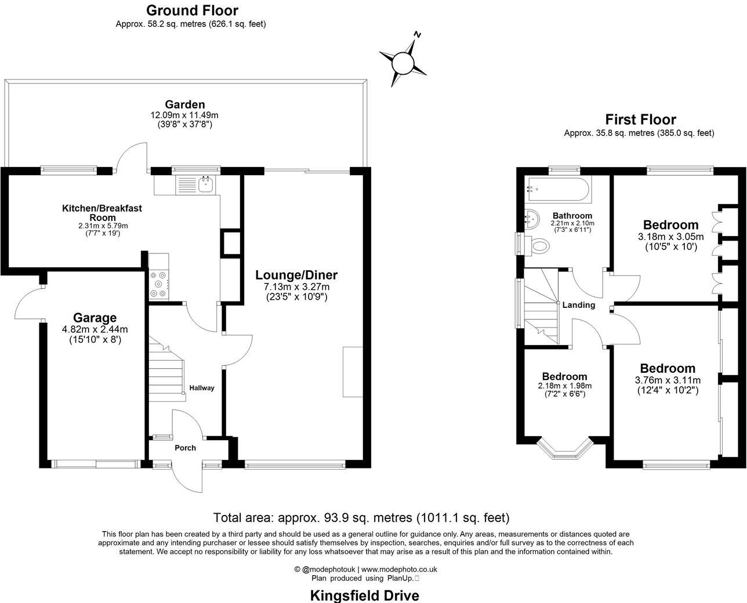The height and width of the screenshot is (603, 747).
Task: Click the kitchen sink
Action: (x=205, y=185)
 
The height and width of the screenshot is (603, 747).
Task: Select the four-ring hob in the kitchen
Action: (x=158, y=285)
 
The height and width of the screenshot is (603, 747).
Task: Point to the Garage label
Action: (x=95, y=318)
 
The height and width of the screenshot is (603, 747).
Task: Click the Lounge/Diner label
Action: (x=296, y=275)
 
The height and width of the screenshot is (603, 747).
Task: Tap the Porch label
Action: (x=185, y=448)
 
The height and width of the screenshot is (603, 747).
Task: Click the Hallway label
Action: (x=201, y=388)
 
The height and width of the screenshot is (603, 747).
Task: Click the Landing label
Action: (x=578, y=305)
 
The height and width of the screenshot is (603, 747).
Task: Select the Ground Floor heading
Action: (x=192, y=10)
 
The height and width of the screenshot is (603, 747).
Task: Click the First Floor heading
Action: (x=640, y=119)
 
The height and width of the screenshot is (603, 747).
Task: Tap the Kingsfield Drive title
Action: (x=364, y=595)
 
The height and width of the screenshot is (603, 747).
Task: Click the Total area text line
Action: (x=361, y=517)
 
